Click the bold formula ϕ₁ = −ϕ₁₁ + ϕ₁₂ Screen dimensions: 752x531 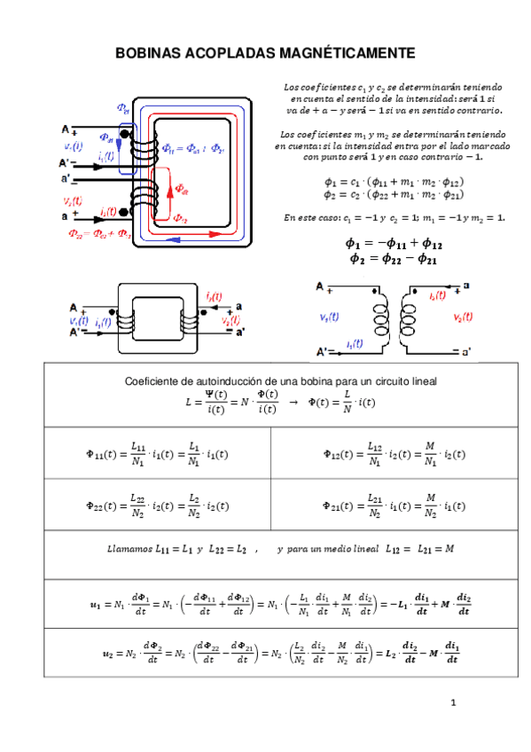point(393,243)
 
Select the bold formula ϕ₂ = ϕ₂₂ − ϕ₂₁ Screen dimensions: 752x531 point(393,258)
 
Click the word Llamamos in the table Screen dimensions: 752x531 point(128,550)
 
